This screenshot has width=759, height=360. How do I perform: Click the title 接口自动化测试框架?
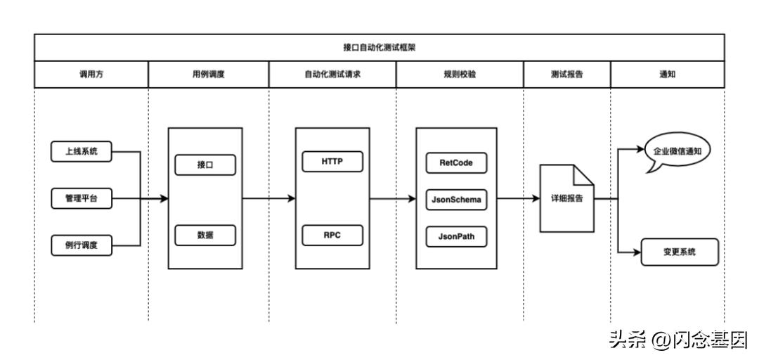(x=379, y=47)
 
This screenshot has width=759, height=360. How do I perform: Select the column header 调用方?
(x=91, y=75)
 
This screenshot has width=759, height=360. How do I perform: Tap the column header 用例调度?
(x=208, y=75)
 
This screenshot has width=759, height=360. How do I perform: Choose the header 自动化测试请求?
(x=332, y=75)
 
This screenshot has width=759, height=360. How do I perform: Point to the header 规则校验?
(x=460, y=75)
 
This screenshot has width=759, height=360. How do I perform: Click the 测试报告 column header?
(x=566, y=75)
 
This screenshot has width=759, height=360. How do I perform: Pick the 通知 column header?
(x=667, y=75)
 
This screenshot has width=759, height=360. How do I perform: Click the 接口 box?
(x=205, y=165)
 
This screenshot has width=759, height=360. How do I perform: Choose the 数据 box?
(x=205, y=236)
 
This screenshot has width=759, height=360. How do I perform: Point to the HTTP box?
(x=332, y=161)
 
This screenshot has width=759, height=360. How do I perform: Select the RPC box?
(x=332, y=236)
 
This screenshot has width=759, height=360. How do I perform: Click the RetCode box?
(x=456, y=162)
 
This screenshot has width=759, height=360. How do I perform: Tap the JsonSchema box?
(x=456, y=200)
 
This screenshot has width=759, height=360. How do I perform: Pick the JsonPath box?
(x=456, y=237)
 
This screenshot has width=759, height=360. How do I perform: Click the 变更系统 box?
(x=680, y=252)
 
